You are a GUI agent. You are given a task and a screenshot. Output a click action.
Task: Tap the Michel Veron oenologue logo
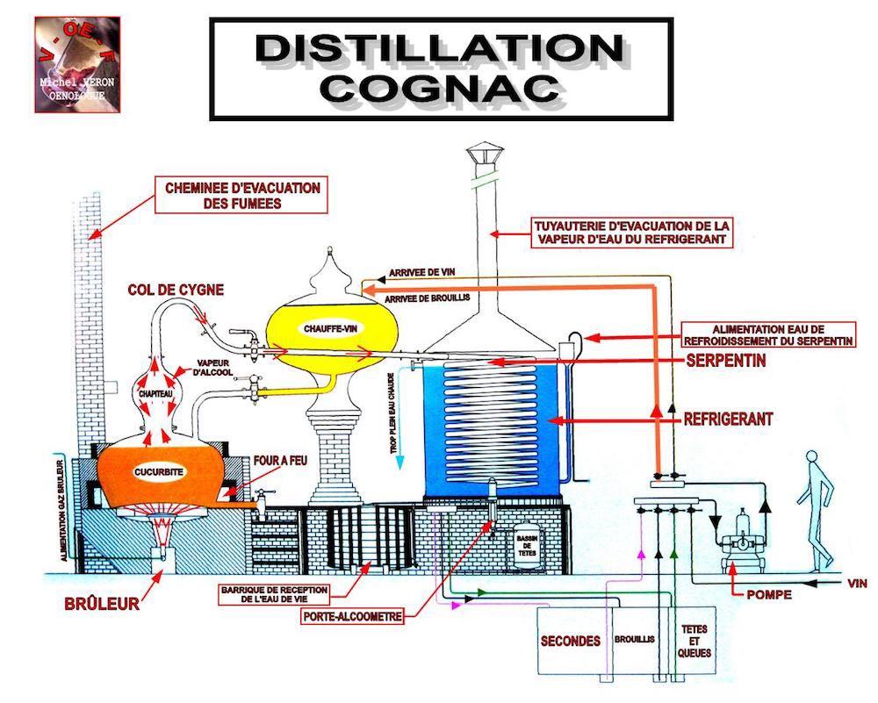(x=77, y=64)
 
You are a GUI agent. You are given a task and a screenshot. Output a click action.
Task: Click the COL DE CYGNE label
(x=176, y=289)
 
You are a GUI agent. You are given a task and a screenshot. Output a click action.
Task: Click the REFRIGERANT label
(x=728, y=420)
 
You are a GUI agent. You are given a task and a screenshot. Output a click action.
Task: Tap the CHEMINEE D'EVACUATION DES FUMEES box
(x=241, y=196)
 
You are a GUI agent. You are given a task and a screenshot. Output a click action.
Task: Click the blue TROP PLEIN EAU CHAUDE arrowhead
(x=399, y=463)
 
